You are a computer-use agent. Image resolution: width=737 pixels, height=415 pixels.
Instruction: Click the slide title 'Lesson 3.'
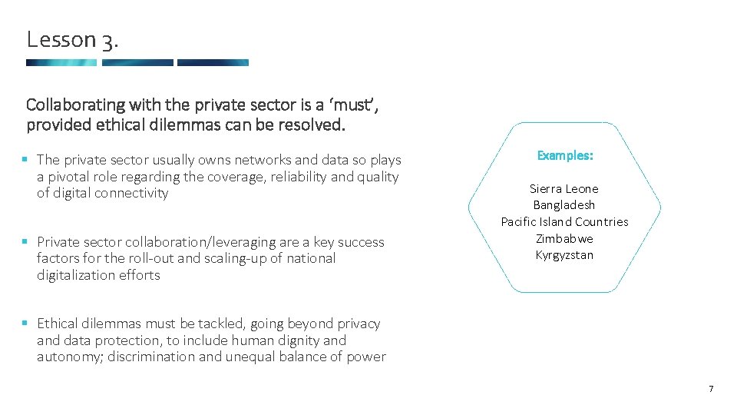coord(71,39)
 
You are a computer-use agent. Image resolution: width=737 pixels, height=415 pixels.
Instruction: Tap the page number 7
coord(711,389)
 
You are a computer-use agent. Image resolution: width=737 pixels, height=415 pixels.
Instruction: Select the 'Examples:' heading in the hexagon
coord(564,155)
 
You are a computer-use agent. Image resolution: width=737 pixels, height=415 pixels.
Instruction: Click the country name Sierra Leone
coord(564,188)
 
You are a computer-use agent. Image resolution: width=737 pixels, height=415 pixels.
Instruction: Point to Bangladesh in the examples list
coord(564,205)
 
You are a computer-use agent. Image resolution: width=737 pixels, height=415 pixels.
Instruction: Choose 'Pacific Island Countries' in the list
coord(564,222)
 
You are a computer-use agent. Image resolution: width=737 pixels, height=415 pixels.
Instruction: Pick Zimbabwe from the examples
coord(564,238)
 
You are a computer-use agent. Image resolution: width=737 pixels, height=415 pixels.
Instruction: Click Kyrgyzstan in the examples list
coord(564,255)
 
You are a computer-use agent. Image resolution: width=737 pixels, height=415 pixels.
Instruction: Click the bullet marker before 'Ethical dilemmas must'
coord(25,324)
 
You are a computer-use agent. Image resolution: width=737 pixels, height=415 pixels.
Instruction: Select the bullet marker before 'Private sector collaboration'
coord(25,242)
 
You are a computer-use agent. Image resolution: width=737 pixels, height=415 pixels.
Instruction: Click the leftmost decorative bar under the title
coord(61,63)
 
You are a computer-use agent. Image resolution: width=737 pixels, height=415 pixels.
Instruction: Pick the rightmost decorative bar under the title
coord(213,63)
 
